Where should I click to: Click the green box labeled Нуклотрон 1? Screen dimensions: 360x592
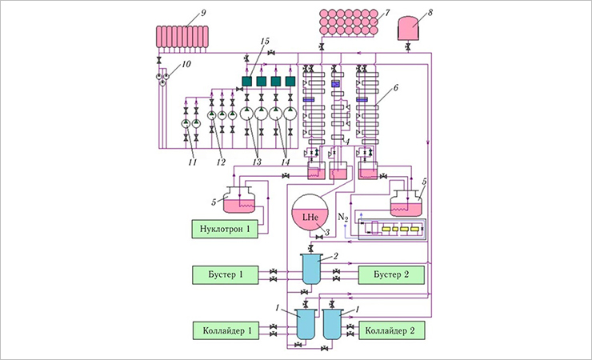[x=226, y=229]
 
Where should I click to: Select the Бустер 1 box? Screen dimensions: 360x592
[x=226, y=275]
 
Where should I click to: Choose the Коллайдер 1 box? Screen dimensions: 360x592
[x=226, y=330]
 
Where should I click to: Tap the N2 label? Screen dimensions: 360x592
[x=343, y=217]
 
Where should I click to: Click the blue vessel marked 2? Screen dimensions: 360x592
[x=309, y=266]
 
